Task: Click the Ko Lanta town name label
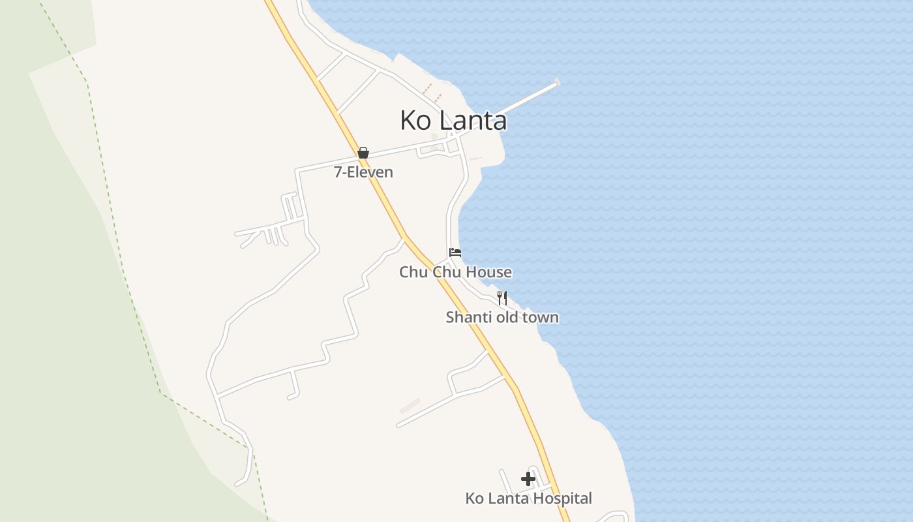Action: tap(453, 121)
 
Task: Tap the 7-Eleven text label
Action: tap(363, 172)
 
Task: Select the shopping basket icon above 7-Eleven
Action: tap(363, 153)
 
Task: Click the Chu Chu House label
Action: tap(455, 272)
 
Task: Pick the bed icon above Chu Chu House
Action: tap(455, 253)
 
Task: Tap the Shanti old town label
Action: tap(502, 318)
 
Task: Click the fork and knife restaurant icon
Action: tap(502, 298)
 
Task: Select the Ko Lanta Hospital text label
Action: tap(528, 499)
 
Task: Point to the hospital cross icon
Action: tap(528, 480)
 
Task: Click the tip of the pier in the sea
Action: tap(557, 82)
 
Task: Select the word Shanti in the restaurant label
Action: tap(465, 318)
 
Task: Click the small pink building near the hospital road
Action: tap(410, 406)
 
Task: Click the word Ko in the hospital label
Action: tap(473, 499)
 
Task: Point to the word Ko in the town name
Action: tap(413, 121)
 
